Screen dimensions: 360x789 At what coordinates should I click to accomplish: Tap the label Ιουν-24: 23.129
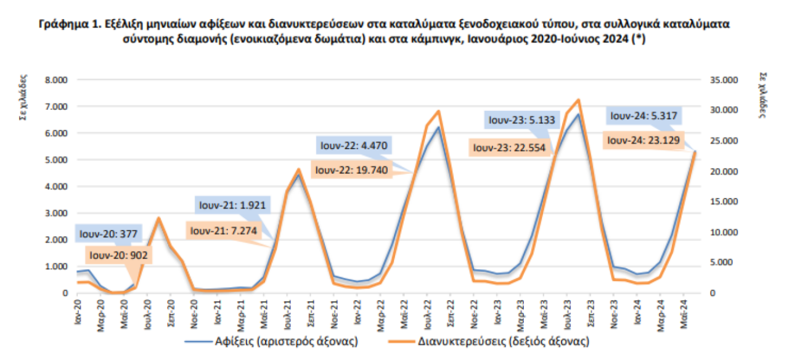[643, 141]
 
